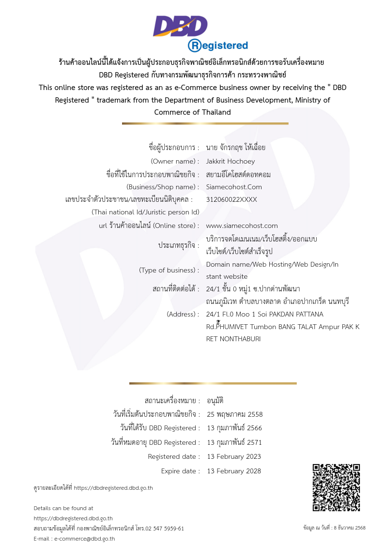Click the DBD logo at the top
coord(180,26)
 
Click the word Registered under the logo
coord(218,45)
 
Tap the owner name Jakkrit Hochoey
coord(230,161)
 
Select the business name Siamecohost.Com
coord(234,187)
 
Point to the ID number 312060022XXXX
coord(231,199)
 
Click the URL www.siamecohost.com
coord(242,226)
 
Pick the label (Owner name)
coord(175,161)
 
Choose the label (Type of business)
coord(169,270)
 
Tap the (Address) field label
coord(183,314)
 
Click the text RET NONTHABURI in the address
coord(233,339)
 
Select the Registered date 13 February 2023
coord(234,456)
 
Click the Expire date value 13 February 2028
coord(234,471)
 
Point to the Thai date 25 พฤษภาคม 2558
coord(235,414)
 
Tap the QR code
coord(336,487)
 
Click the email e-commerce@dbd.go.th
coord(84,538)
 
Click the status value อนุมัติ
coord(215,401)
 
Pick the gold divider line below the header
coord(205,123)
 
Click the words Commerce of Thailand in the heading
coord(192,112)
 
